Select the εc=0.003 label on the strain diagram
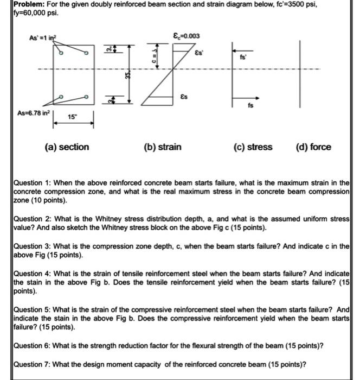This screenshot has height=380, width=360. tap(185, 36)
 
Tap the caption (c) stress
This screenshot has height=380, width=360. tap(253, 147)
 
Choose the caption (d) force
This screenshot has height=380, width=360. tap(313, 147)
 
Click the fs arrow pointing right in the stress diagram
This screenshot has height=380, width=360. tap(242, 99)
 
